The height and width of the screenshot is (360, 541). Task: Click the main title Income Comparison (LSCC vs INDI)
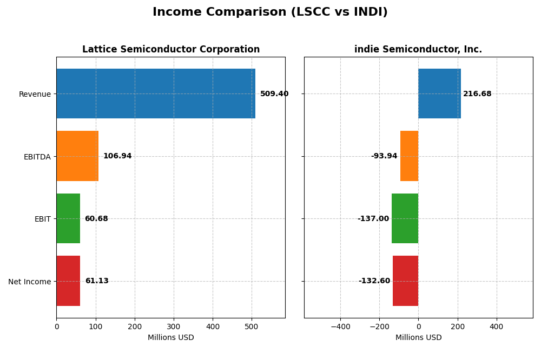point(270,12)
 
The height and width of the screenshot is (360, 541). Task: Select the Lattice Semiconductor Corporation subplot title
point(171,49)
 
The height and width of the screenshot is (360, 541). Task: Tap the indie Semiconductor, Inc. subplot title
point(418,49)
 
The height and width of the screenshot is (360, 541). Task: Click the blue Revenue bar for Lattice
point(156,94)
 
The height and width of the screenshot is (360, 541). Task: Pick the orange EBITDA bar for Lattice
point(77,156)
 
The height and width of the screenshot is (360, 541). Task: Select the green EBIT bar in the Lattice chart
point(68,218)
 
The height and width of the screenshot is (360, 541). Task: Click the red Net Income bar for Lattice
point(68,281)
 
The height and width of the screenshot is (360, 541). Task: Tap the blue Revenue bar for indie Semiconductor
point(439,94)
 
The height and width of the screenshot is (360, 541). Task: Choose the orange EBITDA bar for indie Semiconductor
point(409,156)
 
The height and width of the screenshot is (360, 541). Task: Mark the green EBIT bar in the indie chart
point(405,218)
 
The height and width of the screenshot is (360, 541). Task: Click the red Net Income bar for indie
point(405,281)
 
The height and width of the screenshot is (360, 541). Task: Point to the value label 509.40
point(274,94)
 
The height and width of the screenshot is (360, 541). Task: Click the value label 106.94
point(117,156)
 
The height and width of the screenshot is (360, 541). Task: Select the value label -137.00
point(373,219)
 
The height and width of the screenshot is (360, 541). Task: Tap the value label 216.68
point(477,94)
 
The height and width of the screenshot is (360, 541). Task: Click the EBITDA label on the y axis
point(37,157)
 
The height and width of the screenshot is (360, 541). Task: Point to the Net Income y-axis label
point(29,282)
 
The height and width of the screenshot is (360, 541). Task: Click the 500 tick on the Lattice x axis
point(252,326)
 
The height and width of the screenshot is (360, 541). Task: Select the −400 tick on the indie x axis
point(340,326)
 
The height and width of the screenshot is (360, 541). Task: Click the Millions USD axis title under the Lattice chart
point(171,338)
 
